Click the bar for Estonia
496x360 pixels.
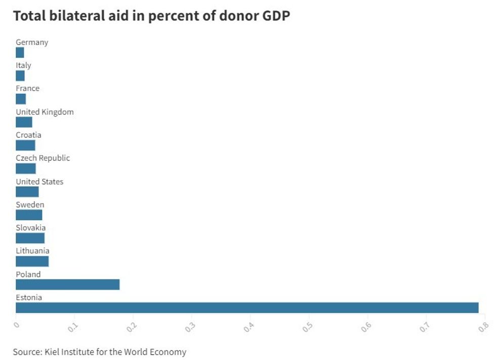pos(247,307)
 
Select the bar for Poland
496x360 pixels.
pos(68,285)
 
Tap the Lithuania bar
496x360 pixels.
pos(32,261)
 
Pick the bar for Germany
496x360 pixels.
pos(20,53)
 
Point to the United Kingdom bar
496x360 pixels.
pos(24,122)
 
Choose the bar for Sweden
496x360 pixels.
pos(29,215)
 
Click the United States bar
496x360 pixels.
pos(27,192)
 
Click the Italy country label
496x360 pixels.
pos(23,65)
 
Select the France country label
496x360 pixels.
pos(27,89)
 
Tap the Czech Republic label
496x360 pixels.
pos(43,158)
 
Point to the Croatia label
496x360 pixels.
pos(28,135)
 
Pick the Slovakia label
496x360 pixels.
pos(30,228)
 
